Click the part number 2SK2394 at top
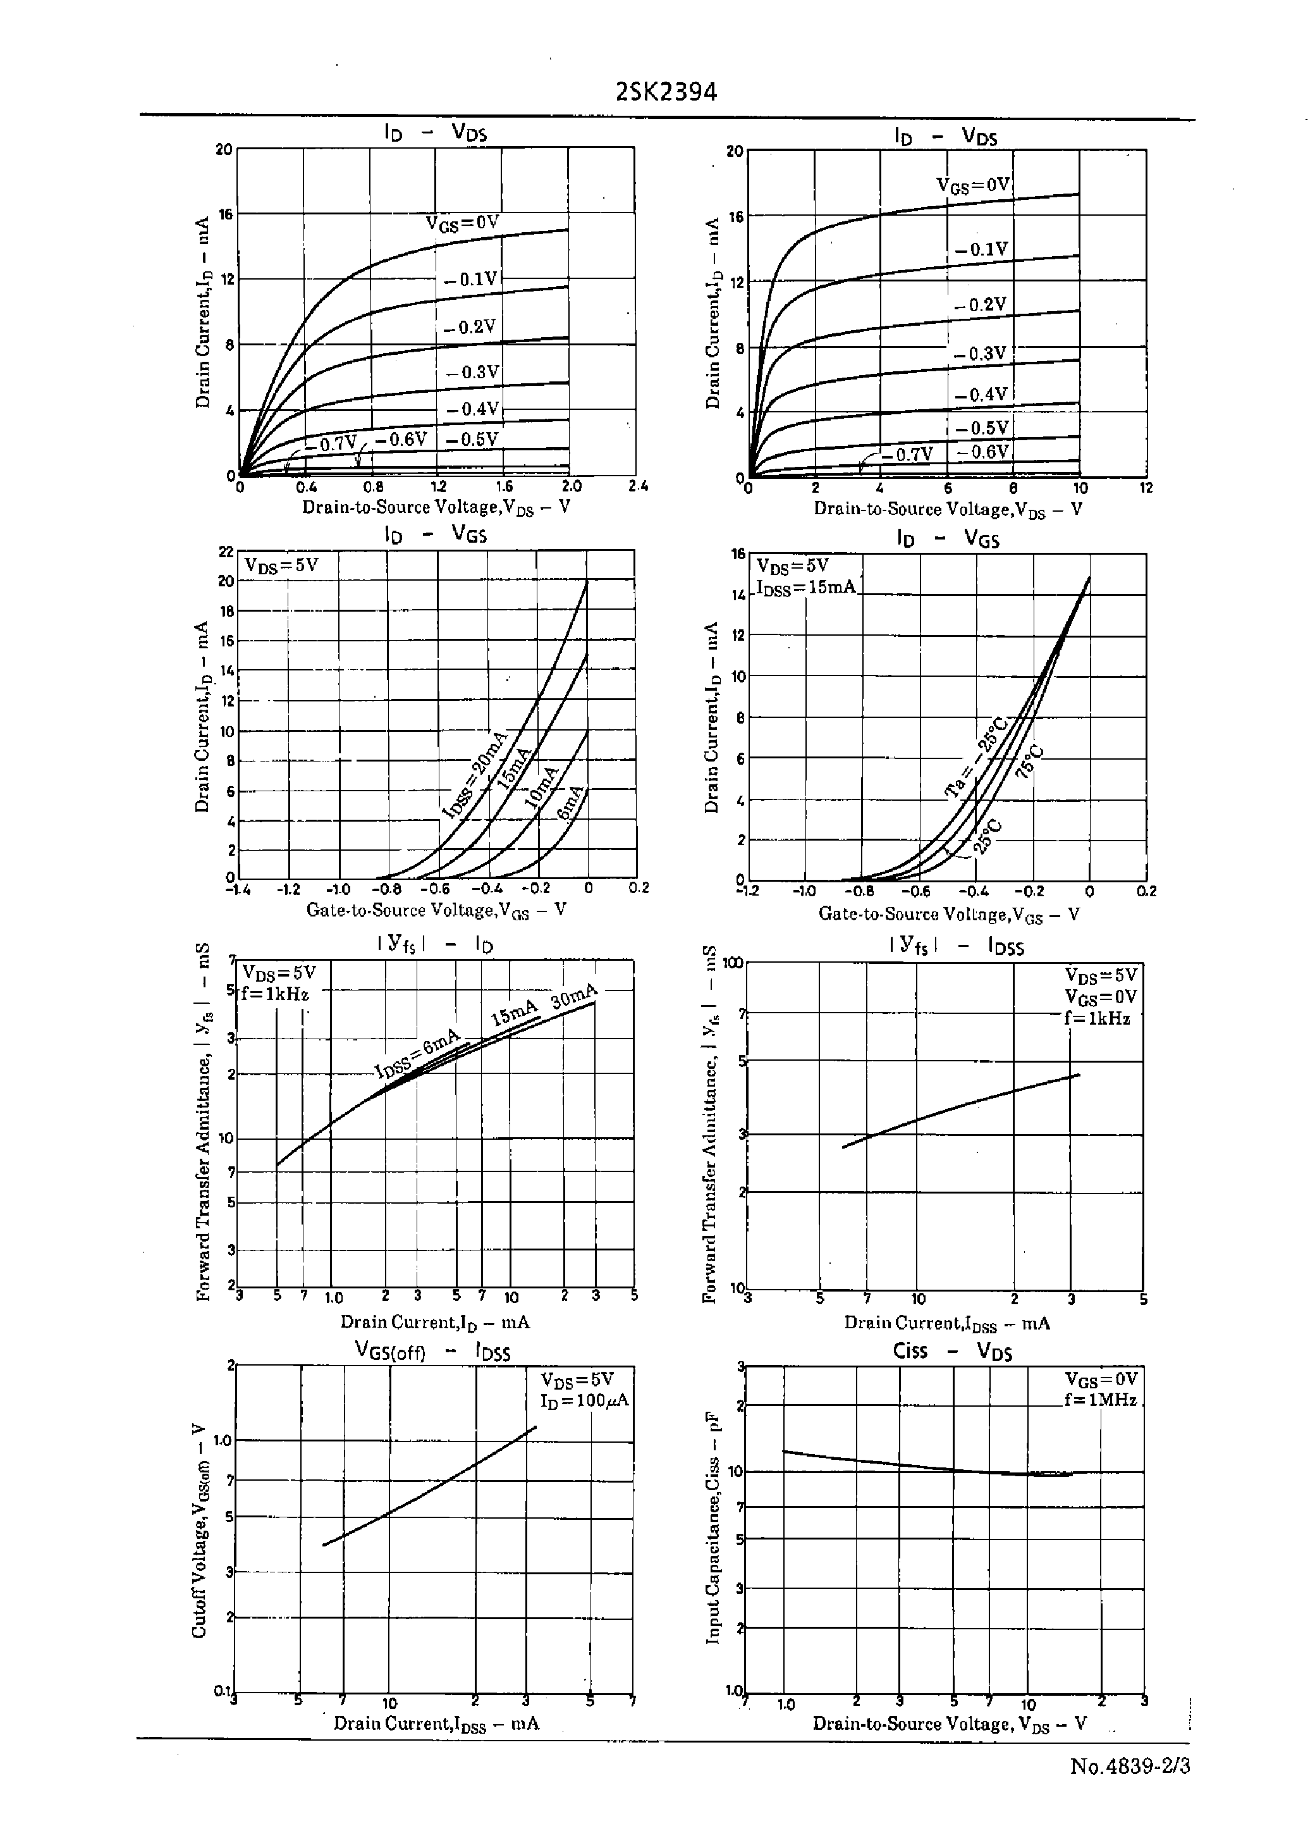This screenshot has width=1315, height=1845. [666, 92]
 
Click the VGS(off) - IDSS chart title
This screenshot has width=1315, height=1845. [432, 1352]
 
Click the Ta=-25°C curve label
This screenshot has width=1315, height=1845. [977, 757]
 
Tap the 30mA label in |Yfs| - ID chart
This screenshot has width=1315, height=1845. [573, 996]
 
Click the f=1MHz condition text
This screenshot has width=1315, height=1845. [1101, 1400]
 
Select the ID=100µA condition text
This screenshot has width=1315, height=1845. [584, 1400]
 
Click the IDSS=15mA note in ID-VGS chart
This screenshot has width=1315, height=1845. [805, 587]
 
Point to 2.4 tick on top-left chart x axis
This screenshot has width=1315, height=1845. [637, 487]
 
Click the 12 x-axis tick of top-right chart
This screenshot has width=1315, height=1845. [1145, 488]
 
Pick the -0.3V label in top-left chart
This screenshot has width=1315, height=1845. [473, 372]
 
